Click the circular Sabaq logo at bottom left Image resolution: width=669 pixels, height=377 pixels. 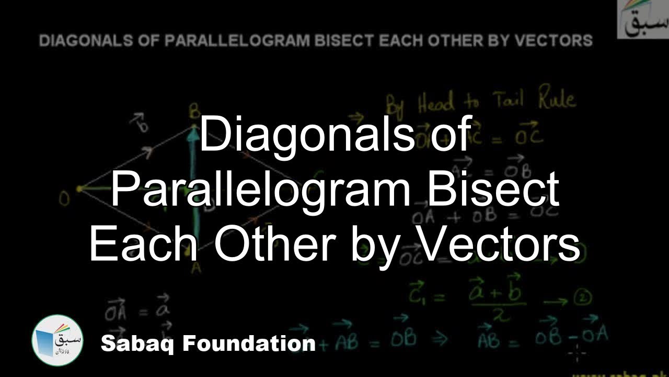point(57,340)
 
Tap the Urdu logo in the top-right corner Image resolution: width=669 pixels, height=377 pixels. point(642,19)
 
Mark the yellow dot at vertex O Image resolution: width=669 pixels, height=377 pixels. point(79,188)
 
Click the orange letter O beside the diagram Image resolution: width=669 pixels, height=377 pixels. point(64,198)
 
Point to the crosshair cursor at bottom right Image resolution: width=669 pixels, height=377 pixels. point(577,354)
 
